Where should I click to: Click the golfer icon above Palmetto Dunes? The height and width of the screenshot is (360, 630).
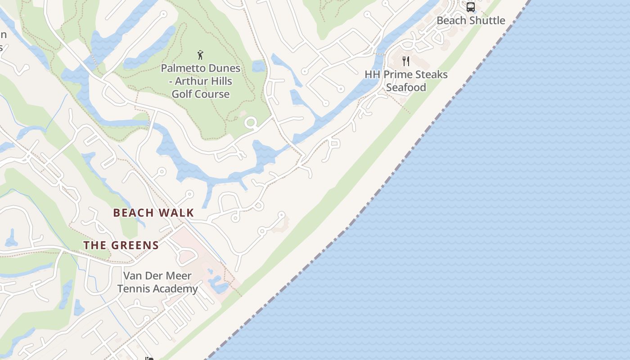(201, 55)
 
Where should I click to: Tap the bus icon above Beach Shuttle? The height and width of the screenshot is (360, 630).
(471, 7)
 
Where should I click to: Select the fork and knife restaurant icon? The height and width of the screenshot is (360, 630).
(406, 61)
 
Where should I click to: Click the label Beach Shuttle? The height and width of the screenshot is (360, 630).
(471, 20)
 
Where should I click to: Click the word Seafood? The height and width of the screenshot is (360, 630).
(406, 87)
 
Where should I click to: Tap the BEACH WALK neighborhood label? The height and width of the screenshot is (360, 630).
(153, 213)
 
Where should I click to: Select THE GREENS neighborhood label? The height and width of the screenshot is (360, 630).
(121, 245)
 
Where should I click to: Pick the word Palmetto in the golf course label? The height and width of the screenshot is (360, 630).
(182, 68)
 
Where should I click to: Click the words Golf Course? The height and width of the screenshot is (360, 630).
(201, 94)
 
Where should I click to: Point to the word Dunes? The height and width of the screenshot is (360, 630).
(224, 68)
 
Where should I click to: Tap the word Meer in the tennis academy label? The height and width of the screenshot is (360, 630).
(179, 275)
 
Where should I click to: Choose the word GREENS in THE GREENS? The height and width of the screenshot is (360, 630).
(135, 245)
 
